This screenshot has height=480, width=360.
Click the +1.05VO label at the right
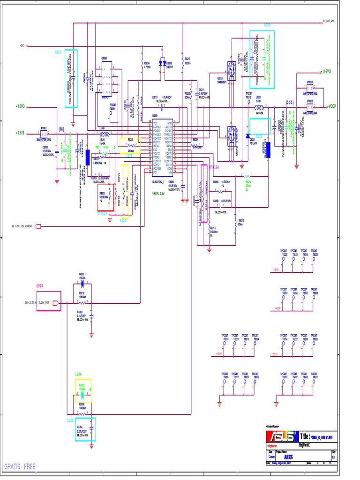326,72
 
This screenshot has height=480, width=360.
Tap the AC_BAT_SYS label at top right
328,21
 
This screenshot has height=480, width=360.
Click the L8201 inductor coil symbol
258,106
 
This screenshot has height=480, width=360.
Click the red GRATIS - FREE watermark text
20,466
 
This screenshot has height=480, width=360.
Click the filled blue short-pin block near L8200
88,157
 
